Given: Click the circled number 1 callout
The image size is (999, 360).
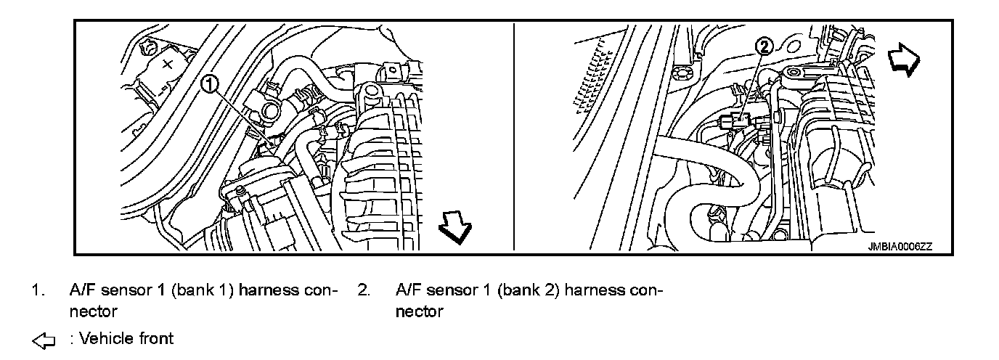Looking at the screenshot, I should click(209, 85).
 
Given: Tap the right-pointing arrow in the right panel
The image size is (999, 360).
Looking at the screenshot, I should click(905, 58).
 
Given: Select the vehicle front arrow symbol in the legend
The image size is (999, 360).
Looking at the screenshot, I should click(44, 339).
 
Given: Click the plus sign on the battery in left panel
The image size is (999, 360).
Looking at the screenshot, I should click(167, 64).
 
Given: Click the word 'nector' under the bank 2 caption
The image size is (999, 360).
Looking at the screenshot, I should click(419, 312).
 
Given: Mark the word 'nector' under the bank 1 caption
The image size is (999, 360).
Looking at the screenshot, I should click(93, 312).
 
